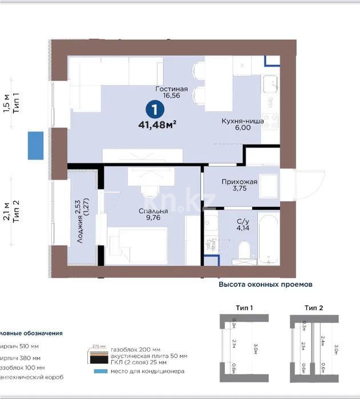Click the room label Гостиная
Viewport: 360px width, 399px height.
pyautogui.click(x=172, y=89)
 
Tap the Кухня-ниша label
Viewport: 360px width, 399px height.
pyautogui.click(x=242, y=120)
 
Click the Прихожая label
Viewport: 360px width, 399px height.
pyautogui.click(x=239, y=182)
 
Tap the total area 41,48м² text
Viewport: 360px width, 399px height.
pyautogui.click(x=157, y=125)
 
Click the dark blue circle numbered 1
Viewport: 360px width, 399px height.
pyautogui.click(x=153, y=108)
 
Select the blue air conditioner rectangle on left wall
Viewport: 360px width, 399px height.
pyautogui.click(x=36, y=144)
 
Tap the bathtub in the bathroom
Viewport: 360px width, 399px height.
pyautogui.click(x=266, y=239)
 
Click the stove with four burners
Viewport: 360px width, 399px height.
pyautogui.click(x=270, y=121)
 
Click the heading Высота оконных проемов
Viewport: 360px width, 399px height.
pyautogui.click(x=266, y=283)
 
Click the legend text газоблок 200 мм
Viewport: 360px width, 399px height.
pyautogui.click(x=136, y=349)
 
